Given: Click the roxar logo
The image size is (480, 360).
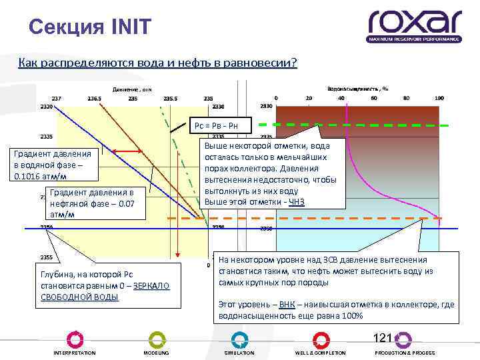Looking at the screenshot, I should tap(414, 25).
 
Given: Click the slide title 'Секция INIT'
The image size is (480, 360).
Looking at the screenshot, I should tap(91, 27).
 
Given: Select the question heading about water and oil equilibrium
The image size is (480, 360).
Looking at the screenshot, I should tap(158, 63).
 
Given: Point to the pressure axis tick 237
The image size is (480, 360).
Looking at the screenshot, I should tap(56, 99).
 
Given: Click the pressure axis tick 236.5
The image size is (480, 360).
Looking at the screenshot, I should tap(95, 99).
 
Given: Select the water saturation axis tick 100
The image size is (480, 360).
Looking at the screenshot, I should tap(439, 99).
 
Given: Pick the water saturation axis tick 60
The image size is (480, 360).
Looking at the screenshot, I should tap(373, 99).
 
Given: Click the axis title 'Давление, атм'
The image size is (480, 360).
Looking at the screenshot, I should tap(132, 89).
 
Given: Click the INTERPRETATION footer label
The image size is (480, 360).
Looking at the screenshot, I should tap(75, 353).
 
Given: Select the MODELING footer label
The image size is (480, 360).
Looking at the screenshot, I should tap(156, 353).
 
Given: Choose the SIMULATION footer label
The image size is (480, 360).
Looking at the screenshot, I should tap(239, 353).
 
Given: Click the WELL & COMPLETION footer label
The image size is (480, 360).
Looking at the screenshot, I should tap(321, 353).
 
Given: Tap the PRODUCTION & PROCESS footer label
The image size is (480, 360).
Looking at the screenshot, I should tap(405, 353).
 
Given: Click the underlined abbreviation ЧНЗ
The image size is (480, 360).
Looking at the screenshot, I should tap(297, 202).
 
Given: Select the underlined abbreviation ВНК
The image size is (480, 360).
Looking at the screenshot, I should tap(287, 304).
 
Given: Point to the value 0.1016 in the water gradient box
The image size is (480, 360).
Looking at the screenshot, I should tap(27, 177).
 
